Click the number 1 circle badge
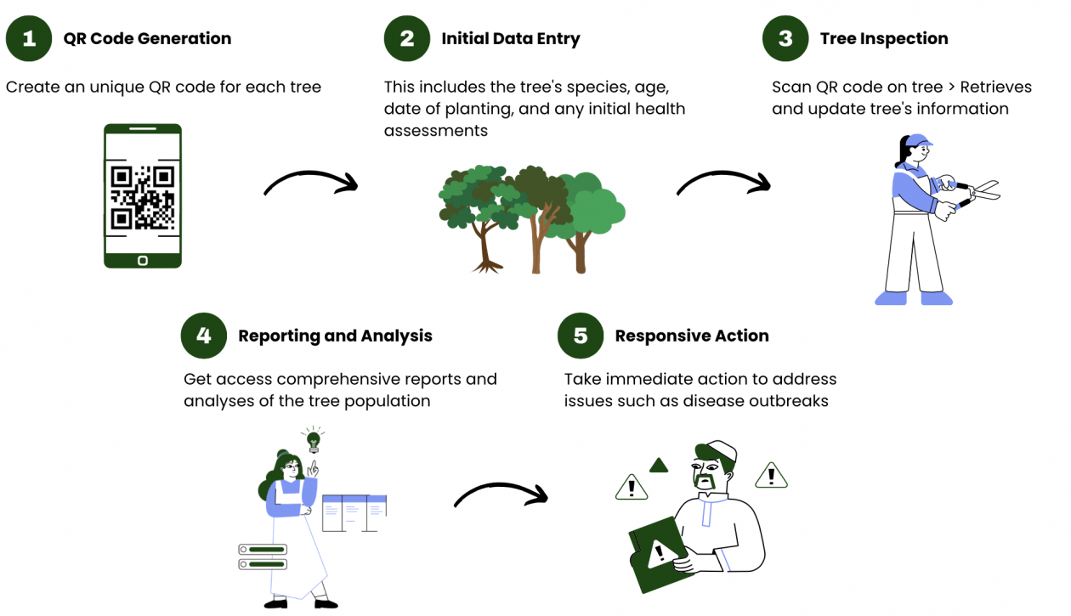(x=29, y=38)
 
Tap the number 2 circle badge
(x=407, y=38)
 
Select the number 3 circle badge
(x=785, y=38)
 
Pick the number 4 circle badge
(x=204, y=335)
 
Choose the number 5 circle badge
(x=581, y=335)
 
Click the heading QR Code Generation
(x=147, y=38)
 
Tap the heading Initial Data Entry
(x=510, y=38)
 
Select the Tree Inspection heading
(x=884, y=38)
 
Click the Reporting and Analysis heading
(x=335, y=336)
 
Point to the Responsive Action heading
(x=692, y=336)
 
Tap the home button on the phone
(x=143, y=259)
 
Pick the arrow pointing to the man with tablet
(x=501, y=495)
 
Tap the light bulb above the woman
(x=313, y=439)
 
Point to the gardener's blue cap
(x=918, y=140)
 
